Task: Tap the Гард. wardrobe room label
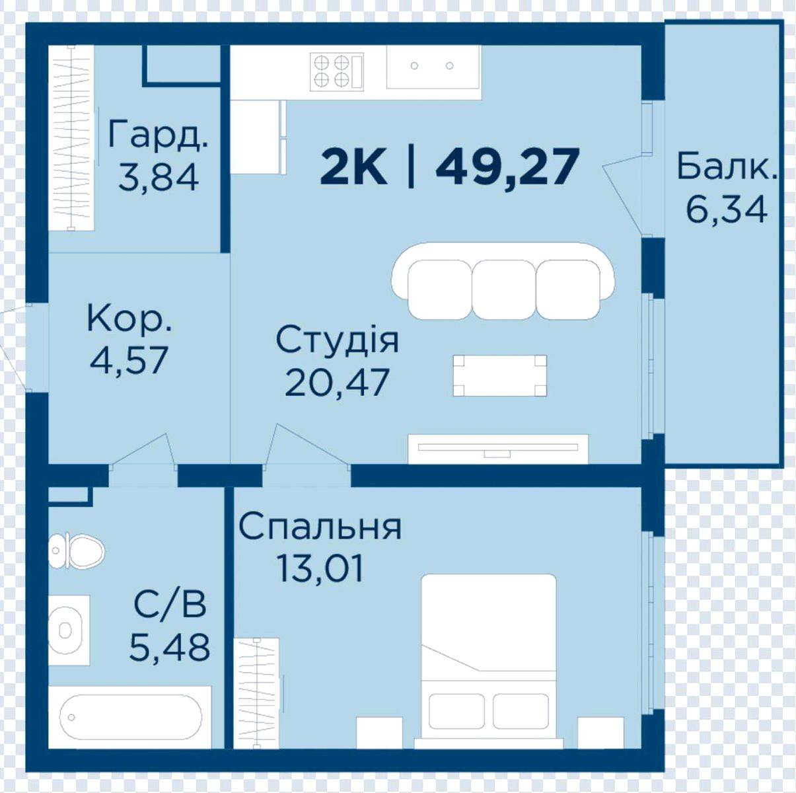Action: [158, 134]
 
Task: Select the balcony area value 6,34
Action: [727, 209]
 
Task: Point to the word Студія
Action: [337, 341]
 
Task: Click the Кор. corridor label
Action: [129, 320]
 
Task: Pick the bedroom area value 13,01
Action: [320, 568]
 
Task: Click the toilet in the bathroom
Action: [77, 551]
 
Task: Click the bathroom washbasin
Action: [69, 630]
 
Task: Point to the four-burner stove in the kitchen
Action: [337, 71]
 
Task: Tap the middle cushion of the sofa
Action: [503, 289]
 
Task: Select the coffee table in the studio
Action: [500, 375]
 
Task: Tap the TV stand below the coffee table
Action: [498, 449]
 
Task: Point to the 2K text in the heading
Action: [353, 167]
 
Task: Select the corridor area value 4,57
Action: [129, 360]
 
